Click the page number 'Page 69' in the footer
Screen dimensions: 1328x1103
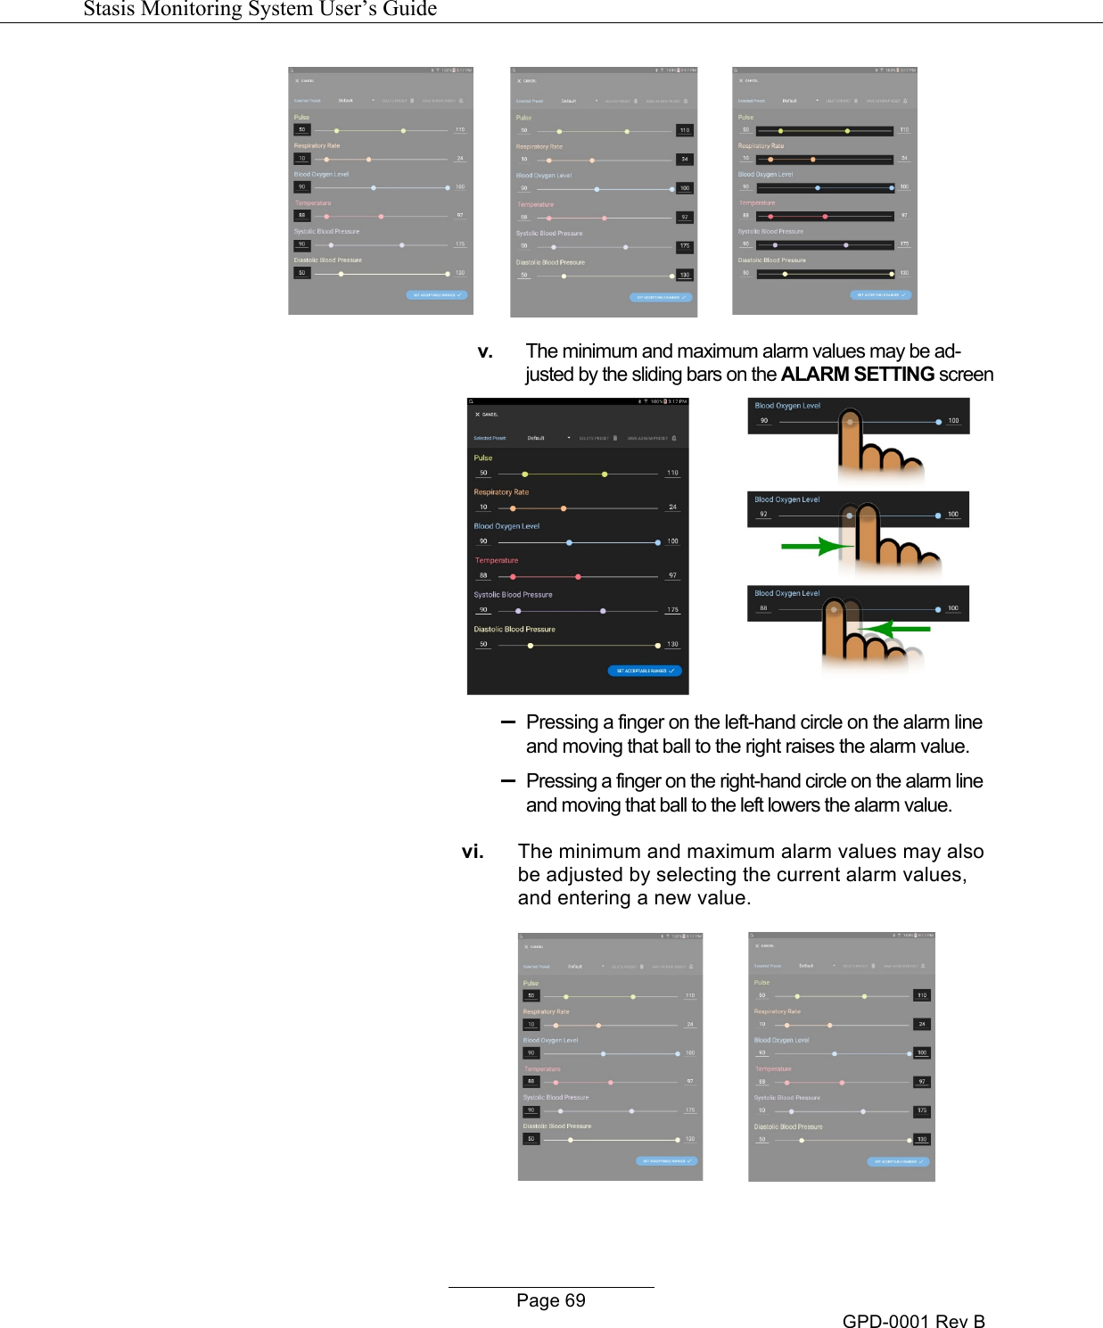pyautogui.click(x=550, y=1300)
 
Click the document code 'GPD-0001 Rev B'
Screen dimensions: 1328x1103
pyautogui.click(x=913, y=1321)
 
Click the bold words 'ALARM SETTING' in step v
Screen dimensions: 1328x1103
pyautogui.click(x=857, y=375)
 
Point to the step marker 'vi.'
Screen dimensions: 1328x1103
pyautogui.click(x=473, y=852)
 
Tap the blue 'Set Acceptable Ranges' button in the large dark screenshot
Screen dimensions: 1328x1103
pyautogui.click(x=645, y=671)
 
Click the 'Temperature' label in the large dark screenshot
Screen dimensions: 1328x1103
pyautogui.click(x=496, y=561)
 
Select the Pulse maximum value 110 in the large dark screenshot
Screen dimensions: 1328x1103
pyautogui.click(x=672, y=473)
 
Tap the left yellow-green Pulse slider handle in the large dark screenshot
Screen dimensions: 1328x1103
pyautogui.click(x=525, y=474)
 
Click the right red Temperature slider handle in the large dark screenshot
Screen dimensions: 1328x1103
pyautogui.click(x=579, y=577)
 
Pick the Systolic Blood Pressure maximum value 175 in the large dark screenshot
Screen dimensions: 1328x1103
pyautogui.click(x=672, y=610)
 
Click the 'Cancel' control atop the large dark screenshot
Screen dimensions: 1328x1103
pyautogui.click(x=487, y=415)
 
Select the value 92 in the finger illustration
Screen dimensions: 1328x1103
pyautogui.click(x=763, y=515)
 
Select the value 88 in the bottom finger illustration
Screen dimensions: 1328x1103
pyautogui.click(x=763, y=608)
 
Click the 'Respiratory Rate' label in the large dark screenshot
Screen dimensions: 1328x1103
pyautogui.click(x=501, y=492)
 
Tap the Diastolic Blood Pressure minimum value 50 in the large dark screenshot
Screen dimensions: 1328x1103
pyautogui.click(x=483, y=644)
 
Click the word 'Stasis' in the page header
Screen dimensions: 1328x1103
pyautogui.click(x=114, y=9)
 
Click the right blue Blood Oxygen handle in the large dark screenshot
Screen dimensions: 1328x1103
pyautogui.click(x=658, y=542)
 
